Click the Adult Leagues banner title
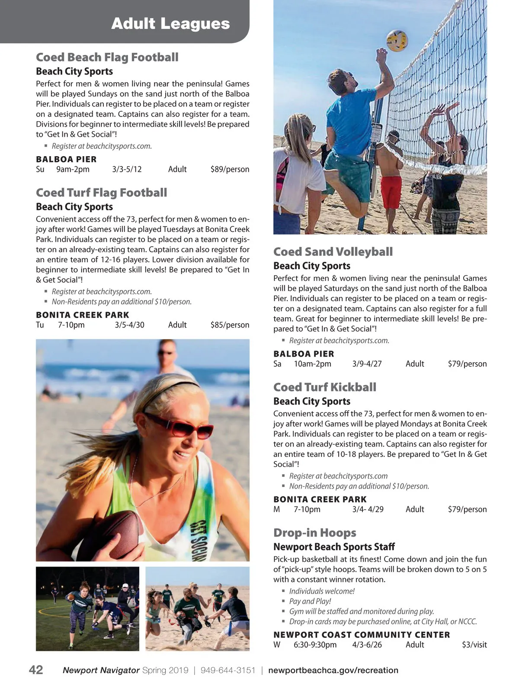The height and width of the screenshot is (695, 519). point(170,23)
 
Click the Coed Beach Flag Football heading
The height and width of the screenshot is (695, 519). point(107,57)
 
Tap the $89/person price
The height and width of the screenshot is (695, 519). point(230,169)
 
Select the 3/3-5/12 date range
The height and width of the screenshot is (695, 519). point(127,169)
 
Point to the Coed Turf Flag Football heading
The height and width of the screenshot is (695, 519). point(101,193)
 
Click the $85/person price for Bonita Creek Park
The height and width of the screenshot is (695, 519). point(230,325)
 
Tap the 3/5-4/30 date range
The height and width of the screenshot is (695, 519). point(129,325)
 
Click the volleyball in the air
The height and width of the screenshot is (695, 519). point(397,41)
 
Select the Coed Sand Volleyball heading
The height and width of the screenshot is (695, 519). point(333,252)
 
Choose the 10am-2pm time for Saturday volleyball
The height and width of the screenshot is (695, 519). point(312,364)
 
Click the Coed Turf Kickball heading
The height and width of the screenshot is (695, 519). point(325,387)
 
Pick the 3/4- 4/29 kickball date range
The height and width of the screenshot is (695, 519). point(368,509)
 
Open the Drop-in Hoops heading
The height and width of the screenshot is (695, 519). point(315,533)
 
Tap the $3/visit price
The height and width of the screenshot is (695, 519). point(474,645)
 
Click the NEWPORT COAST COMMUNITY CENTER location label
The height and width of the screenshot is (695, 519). point(362,635)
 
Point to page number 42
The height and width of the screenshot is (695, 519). point(36,670)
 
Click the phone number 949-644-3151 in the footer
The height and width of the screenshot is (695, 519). point(228,670)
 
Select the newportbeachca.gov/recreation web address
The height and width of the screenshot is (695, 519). point(333,670)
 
